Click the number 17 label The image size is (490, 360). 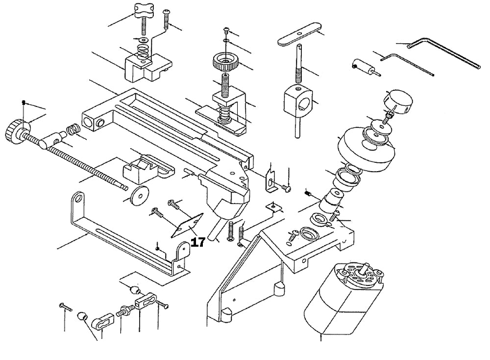(197, 242)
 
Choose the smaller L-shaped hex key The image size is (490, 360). (407, 63)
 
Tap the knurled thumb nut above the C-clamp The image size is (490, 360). (225, 63)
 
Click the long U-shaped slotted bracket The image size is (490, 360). (127, 235)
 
